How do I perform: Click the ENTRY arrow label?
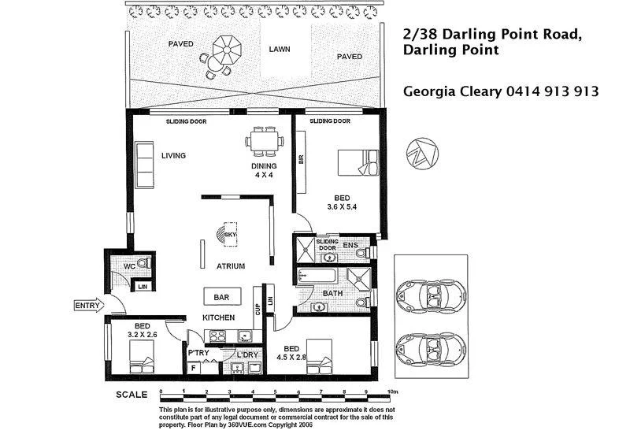(x=89, y=306)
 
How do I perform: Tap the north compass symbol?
(x=422, y=154)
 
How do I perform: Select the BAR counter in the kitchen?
(x=222, y=297)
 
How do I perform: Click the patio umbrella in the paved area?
(x=227, y=50)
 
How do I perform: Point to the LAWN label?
(x=280, y=49)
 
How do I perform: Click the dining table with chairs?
(x=265, y=141)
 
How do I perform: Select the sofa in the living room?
(x=144, y=165)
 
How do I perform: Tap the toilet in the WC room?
(x=143, y=264)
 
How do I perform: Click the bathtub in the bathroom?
(x=317, y=276)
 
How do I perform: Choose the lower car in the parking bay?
(x=431, y=349)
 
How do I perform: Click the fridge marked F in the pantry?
(x=194, y=368)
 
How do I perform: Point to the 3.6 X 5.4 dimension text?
(x=342, y=207)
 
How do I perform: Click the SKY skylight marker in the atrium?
(x=227, y=234)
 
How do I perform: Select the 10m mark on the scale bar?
(x=392, y=392)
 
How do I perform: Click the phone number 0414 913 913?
(x=553, y=91)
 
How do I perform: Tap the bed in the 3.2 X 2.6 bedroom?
(x=142, y=357)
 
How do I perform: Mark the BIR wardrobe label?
(x=302, y=160)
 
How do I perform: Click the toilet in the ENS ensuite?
(x=362, y=253)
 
